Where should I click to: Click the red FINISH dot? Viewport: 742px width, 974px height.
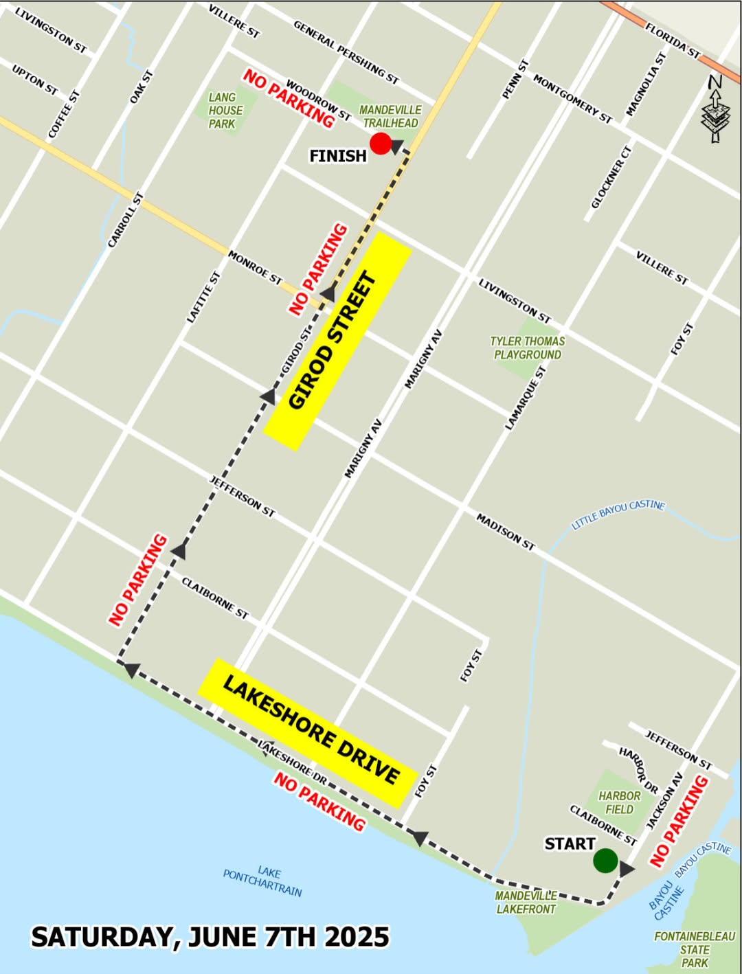coord(381,144)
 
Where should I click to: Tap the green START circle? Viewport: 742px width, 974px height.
coord(605,860)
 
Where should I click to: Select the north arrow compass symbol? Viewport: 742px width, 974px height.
coord(715,109)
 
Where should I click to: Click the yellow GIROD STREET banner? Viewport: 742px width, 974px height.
coord(337,341)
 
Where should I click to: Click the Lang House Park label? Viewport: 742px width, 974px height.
coord(225,111)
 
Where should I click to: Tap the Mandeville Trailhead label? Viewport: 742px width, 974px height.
coord(390,117)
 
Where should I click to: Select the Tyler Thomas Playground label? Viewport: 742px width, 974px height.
coord(527,348)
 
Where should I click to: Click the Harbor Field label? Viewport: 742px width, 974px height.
coord(619,802)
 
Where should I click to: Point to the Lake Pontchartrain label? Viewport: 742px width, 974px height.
coord(262,880)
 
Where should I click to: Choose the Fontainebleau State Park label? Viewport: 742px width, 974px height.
coord(695,949)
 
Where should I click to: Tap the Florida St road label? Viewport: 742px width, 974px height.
coord(672,41)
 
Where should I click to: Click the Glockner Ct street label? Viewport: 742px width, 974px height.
coord(611,177)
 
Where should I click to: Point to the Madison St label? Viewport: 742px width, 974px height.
coord(505,531)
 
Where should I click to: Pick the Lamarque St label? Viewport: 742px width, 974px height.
coord(526,398)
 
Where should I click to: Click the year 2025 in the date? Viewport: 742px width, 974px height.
coord(357,937)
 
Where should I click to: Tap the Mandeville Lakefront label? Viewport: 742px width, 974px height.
coord(526,902)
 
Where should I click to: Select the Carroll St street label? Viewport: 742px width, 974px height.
coord(126,220)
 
